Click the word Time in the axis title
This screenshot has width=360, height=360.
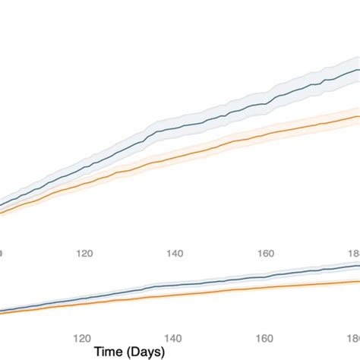point(112,352)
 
